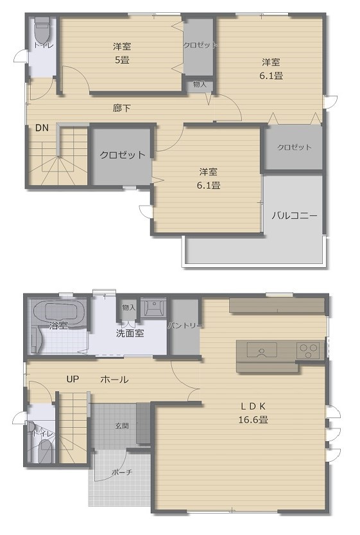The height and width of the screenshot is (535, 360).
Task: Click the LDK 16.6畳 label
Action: pos(253,413)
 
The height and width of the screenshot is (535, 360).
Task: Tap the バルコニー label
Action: pos(295,216)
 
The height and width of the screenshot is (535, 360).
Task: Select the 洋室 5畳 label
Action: pos(122,53)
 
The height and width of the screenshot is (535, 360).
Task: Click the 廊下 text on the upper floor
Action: pos(122,108)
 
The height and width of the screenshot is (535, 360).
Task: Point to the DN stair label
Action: pos(42,128)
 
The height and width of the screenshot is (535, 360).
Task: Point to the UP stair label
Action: pos(73,379)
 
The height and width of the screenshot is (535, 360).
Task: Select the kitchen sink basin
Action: pos(262,350)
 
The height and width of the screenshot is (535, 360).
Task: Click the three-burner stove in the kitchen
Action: pos(308,351)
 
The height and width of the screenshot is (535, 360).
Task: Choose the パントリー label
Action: pos(185,326)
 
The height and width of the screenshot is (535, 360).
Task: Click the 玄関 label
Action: pos(122,426)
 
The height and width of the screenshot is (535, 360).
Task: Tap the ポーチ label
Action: pos(122,473)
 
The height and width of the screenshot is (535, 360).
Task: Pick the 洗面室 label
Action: pos(130,333)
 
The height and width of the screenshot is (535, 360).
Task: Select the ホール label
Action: pos(114,379)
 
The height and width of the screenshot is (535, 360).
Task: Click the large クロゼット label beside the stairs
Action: pos(123,155)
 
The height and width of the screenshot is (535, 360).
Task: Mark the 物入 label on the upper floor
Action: pos(200,84)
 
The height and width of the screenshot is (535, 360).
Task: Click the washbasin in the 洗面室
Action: pos(153,308)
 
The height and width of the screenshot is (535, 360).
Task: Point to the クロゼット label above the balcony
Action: pos(294,147)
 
